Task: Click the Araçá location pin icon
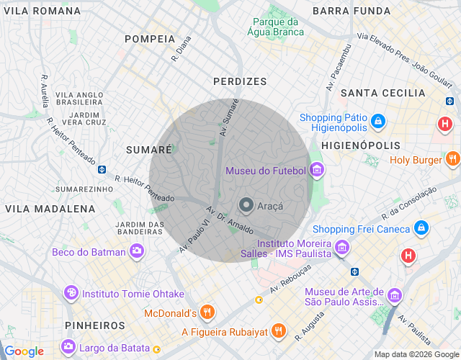(246, 205)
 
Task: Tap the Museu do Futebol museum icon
(317, 171)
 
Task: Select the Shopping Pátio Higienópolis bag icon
(378, 122)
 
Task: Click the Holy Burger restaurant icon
(452, 159)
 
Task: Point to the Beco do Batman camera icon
(136, 251)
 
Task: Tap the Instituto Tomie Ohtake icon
(71, 293)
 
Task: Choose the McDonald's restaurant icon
(207, 312)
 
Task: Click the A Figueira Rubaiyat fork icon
(279, 332)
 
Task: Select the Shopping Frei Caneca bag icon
(421, 229)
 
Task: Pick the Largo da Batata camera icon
(68, 346)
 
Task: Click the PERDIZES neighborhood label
(240, 82)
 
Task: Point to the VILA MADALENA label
(50, 209)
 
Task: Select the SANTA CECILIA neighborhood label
(383, 93)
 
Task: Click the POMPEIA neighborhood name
(150, 39)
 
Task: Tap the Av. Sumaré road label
(230, 118)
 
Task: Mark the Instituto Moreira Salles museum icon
(342, 248)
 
